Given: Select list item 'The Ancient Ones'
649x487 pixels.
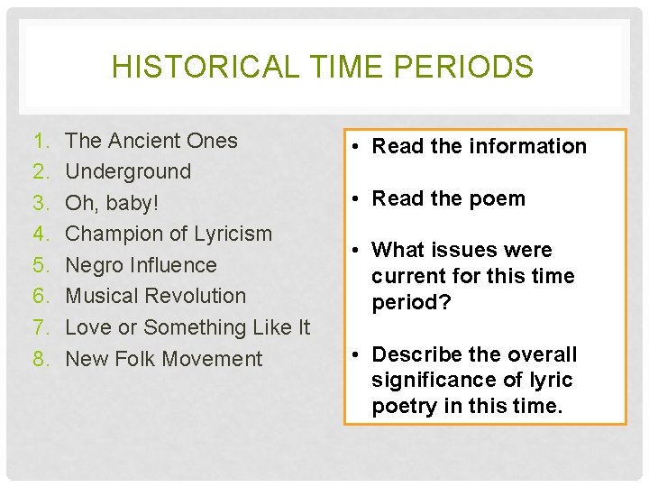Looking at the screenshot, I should pos(151,141).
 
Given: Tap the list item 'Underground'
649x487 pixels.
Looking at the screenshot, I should pos(128,171).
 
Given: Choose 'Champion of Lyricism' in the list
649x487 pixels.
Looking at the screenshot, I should pos(169,234).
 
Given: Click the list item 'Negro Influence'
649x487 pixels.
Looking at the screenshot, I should pos(142,265).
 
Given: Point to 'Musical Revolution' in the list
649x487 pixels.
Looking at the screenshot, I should pos(156,296).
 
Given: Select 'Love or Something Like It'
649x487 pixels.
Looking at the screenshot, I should pos(187,327).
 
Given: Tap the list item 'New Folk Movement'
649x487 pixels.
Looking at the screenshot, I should pos(164,359).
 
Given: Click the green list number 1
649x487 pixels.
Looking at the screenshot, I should pos(40,141).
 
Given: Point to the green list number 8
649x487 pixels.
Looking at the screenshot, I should pos(40,359).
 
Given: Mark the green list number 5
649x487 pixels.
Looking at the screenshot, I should pos(40,265).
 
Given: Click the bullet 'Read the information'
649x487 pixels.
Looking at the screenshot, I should pos(479,146).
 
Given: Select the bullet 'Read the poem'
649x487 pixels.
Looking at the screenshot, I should pos(448,198).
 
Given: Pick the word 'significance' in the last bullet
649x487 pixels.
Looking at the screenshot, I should pos(429,381).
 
